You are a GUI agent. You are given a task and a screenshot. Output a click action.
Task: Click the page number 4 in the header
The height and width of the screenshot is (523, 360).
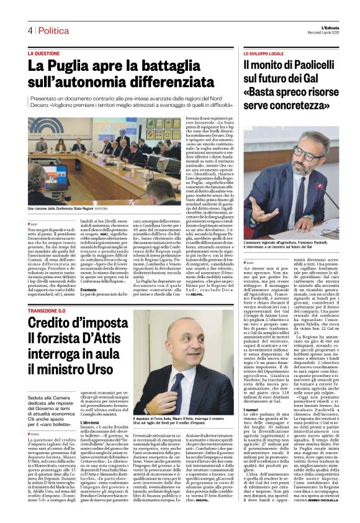29,30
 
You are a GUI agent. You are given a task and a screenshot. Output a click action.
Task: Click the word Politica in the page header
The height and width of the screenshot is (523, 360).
53,30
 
